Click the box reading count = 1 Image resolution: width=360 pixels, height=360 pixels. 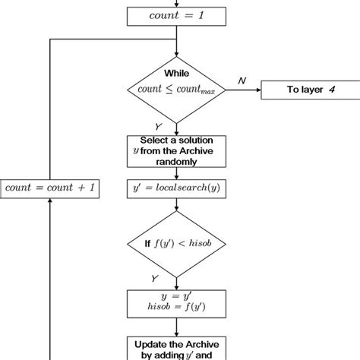pyautogui.click(x=176, y=15)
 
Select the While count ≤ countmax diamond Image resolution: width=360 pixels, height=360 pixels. pyautogui.click(x=176, y=90)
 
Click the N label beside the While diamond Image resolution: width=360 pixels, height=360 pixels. pyautogui.click(x=241, y=78)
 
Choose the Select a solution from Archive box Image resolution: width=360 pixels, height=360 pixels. pyautogui.click(x=176, y=152)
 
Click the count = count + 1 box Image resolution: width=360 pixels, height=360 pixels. pyautogui.click(x=50, y=187)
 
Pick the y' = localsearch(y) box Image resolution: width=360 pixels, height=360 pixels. pyautogui.click(x=176, y=187)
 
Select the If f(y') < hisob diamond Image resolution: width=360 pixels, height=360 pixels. pyautogui.click(x=176, y=244)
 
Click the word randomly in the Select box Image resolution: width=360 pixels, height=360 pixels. pyautogui.click(x=176, y=162)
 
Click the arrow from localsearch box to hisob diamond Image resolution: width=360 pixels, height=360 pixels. pyautogui.click(x=176, y=209)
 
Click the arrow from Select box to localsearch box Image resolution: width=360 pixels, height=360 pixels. pyautogui.click(x=176, y=173)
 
